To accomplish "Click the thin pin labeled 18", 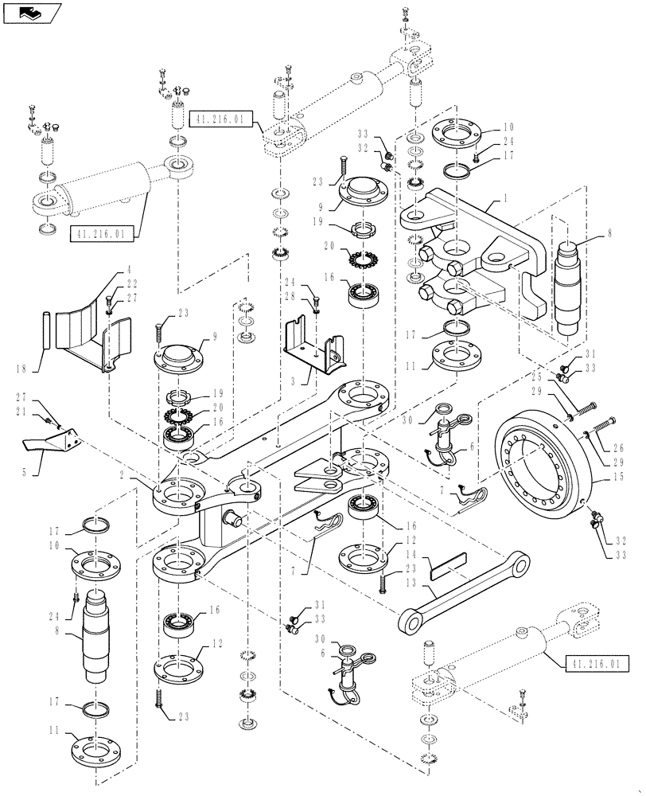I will pos(47,328).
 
